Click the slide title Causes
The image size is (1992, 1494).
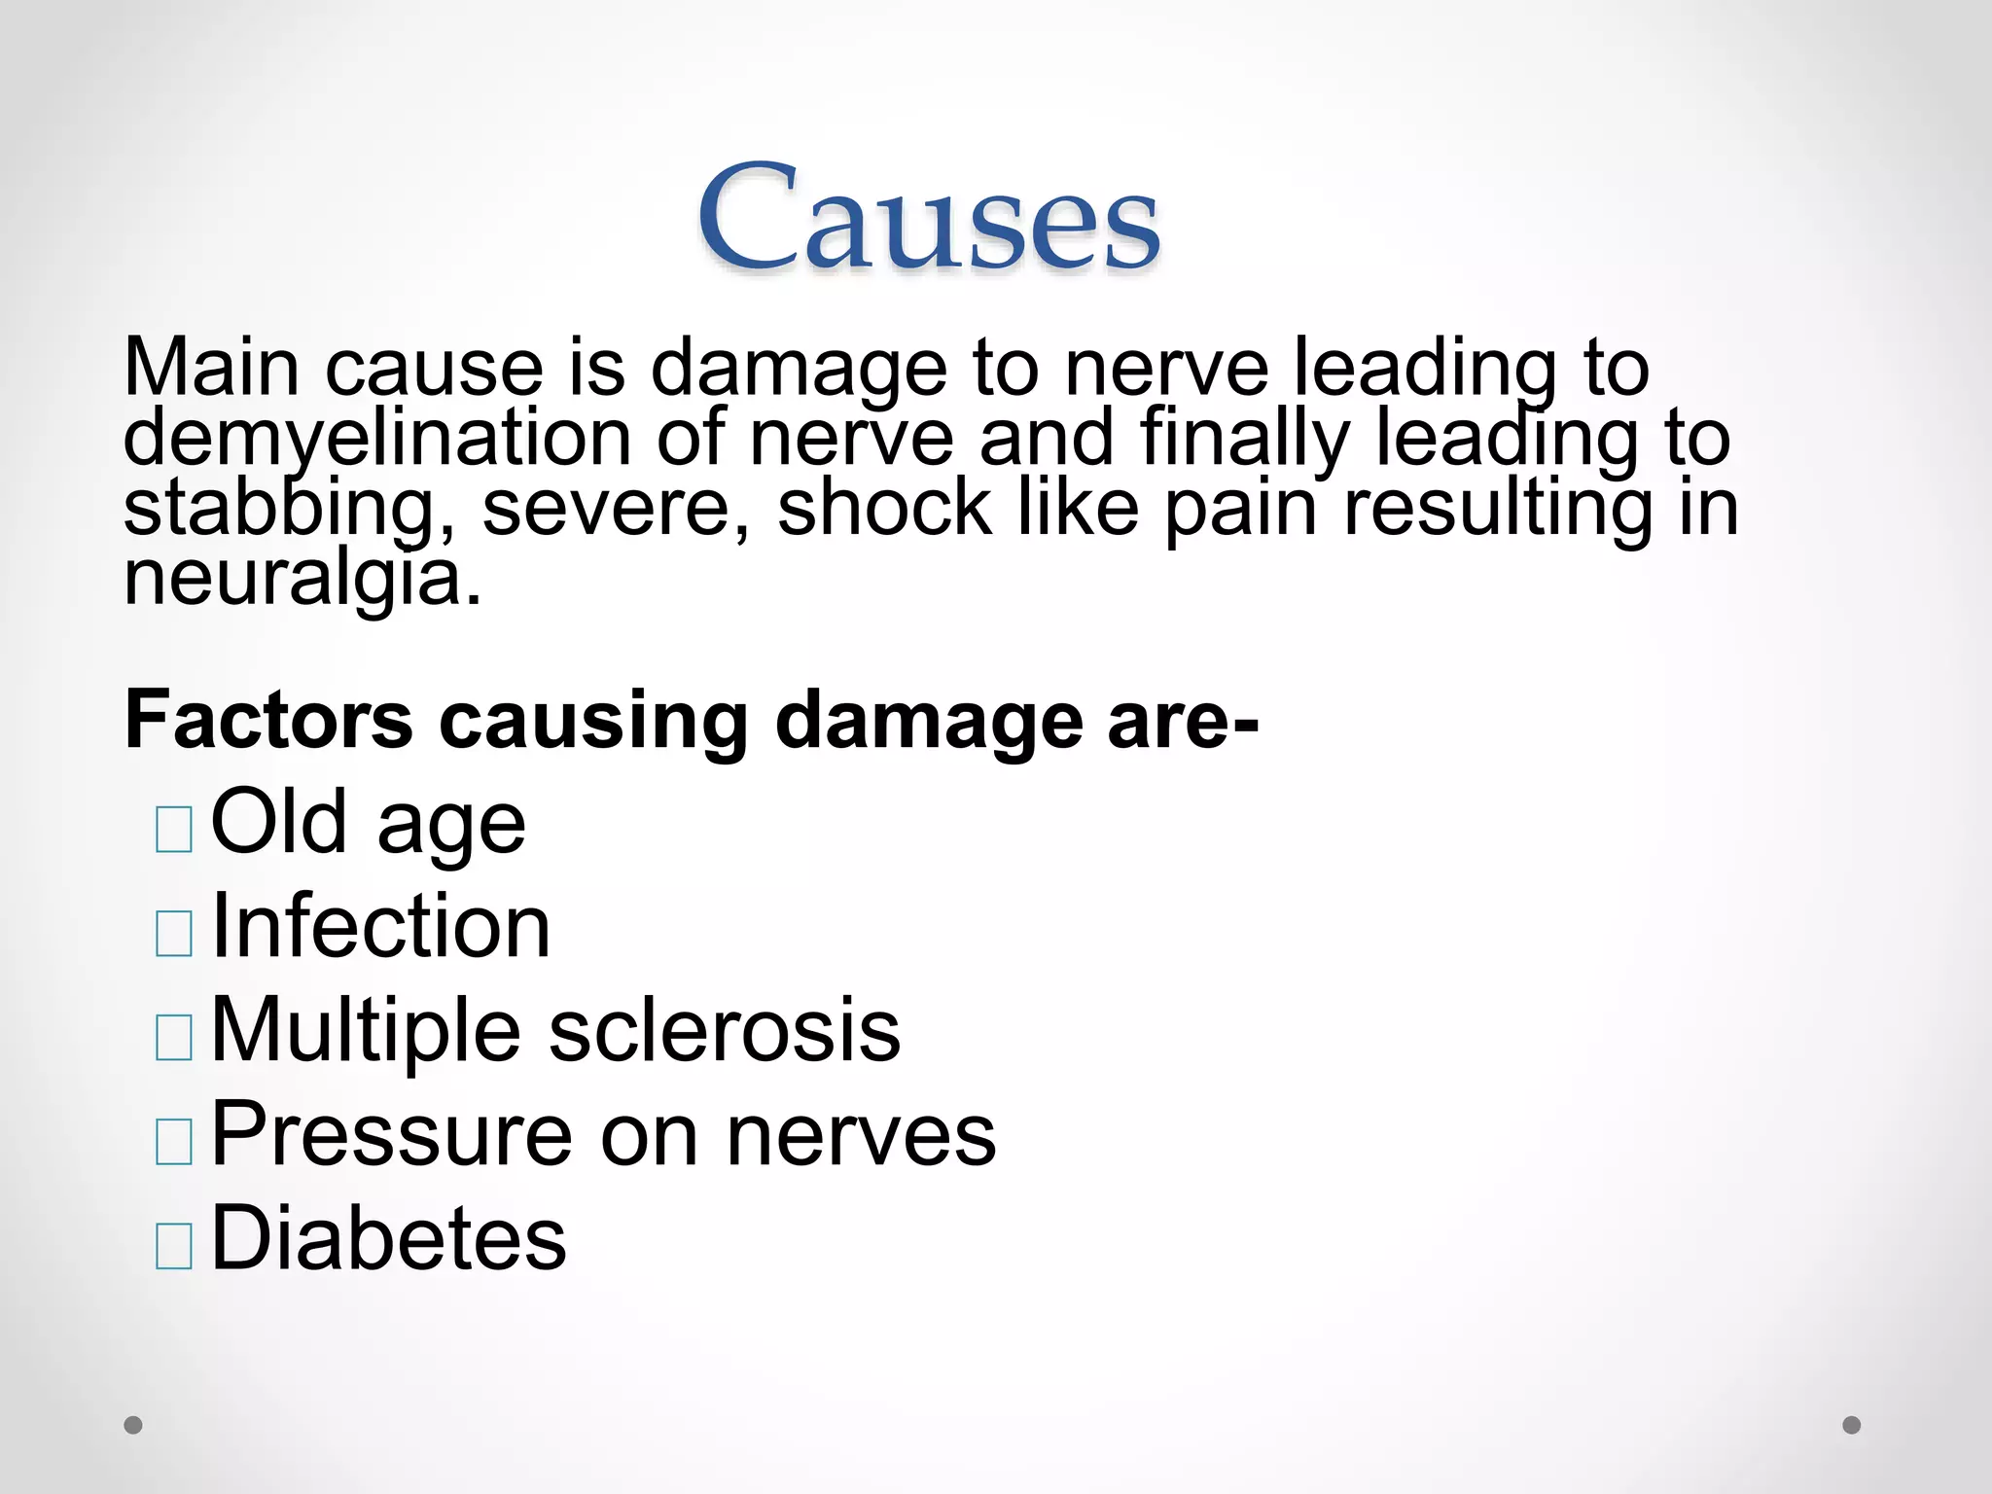(x=928, y=218)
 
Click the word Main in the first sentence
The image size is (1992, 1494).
(x=211, y=368)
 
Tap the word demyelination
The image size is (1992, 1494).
(x=377, y=438)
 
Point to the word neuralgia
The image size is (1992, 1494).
(x=302, y=580)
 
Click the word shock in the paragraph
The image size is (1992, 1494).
(x=883, y=508)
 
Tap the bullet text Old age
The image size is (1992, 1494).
(x=368, y=823)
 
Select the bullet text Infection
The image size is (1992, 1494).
(x=380, y=927)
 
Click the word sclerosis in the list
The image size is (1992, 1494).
(x=725, y=1030)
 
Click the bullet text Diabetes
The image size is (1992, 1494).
(x=388, y=1238)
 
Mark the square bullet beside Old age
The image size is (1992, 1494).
(x=174, y=830)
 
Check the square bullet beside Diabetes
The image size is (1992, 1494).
(x=174, y=1245)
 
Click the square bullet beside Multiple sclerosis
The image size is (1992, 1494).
(x=174, y=1037)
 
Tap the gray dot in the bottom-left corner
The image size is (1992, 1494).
(x=133, y=1425)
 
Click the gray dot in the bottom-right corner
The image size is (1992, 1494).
(x=1852, y=1425)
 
